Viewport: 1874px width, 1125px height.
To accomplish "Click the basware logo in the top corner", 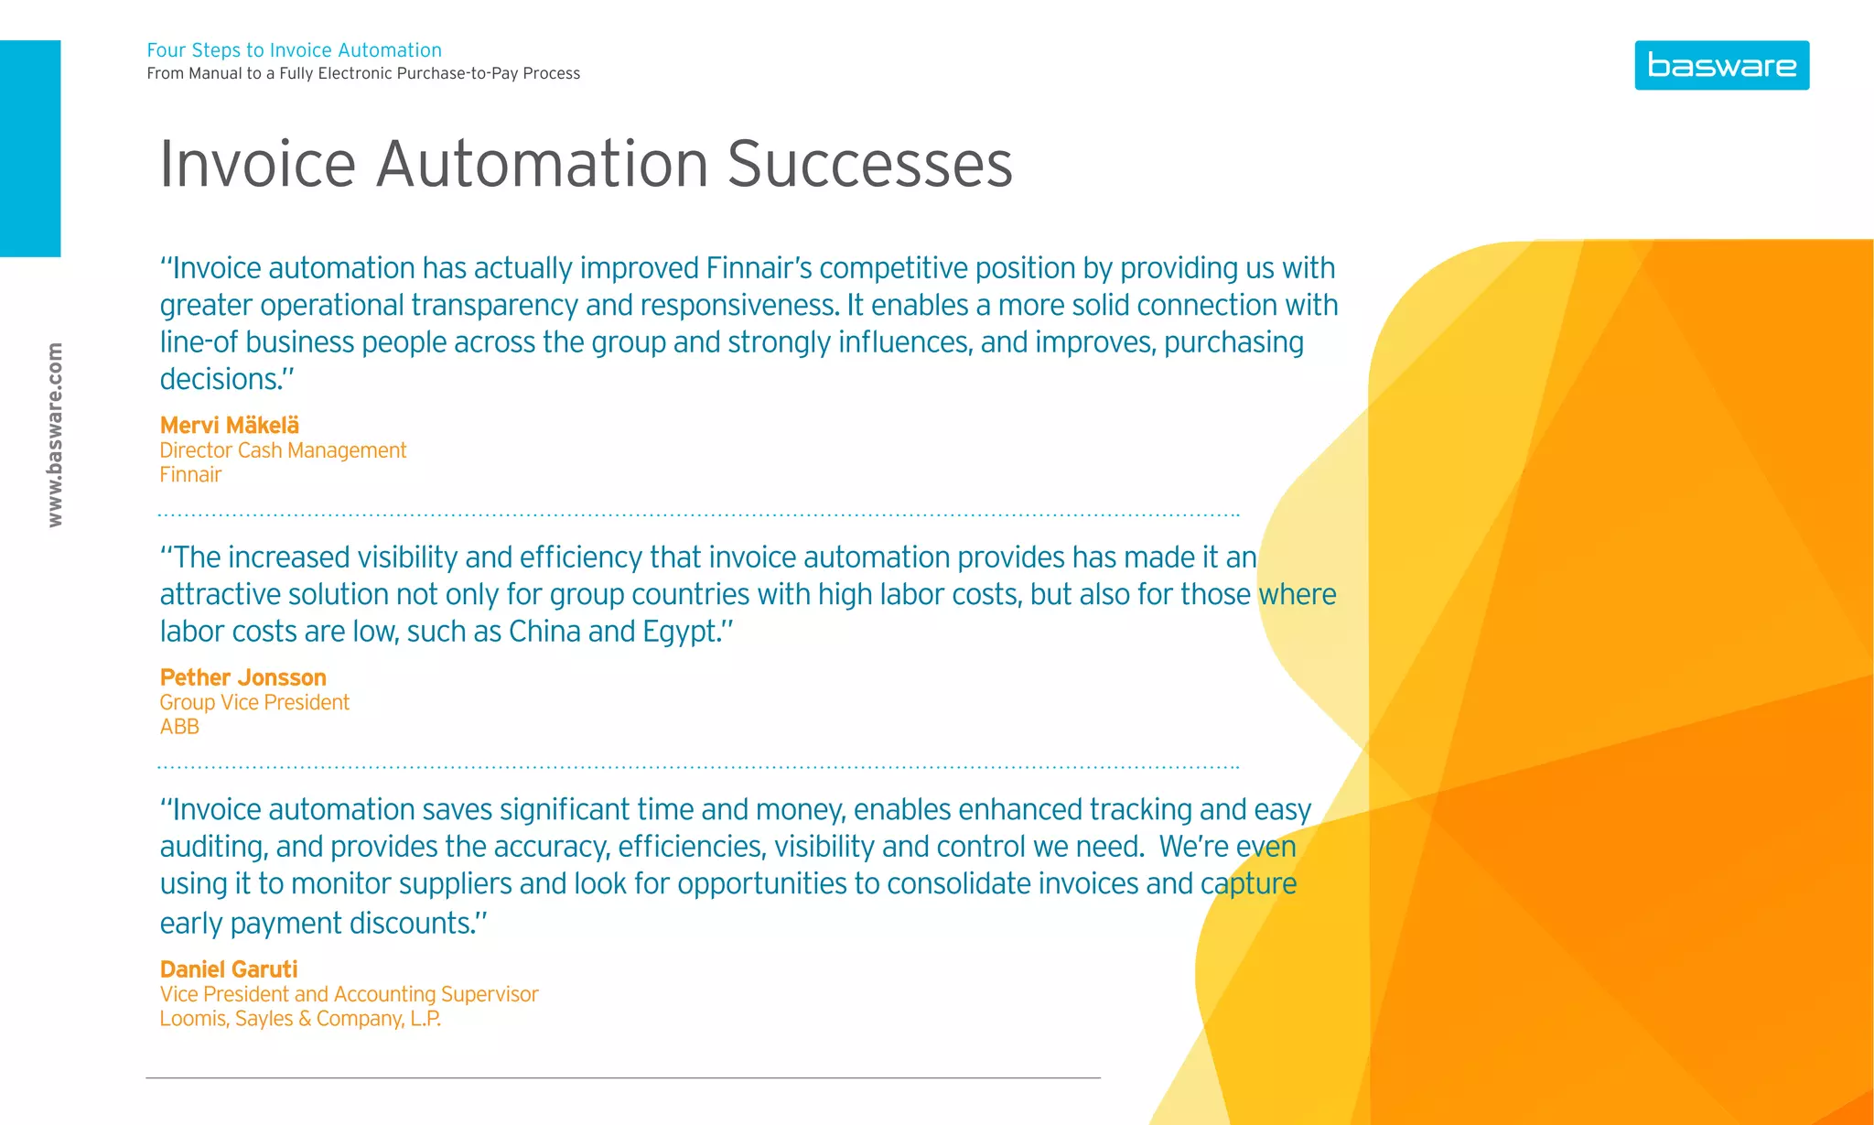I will pos(1721,65).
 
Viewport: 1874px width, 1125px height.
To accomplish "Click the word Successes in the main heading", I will pos(869,165).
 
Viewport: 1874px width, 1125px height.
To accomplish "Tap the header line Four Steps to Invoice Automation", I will pos(294,50).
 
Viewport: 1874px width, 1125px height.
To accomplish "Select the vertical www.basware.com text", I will pos(55,435).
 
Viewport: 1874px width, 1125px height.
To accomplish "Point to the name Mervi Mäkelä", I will pos(229,425).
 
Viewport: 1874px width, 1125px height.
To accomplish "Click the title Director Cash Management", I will pos(283,450).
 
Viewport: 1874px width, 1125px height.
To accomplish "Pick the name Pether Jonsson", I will pos(242,677).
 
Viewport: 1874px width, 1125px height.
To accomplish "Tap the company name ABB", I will pos(179,727).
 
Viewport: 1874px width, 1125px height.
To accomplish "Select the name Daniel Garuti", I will pos(229,969).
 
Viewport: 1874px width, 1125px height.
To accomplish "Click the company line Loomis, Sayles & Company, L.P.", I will pos(300,1019).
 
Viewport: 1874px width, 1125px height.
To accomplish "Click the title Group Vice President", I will pos(254,702).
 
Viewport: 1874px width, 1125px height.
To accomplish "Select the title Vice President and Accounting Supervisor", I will pos(349,994).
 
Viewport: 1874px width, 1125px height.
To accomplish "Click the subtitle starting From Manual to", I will pos(363,73).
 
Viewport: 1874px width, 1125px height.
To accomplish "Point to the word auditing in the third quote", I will pos(213,847).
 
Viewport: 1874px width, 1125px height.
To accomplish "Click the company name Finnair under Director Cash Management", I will pos(190,475).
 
